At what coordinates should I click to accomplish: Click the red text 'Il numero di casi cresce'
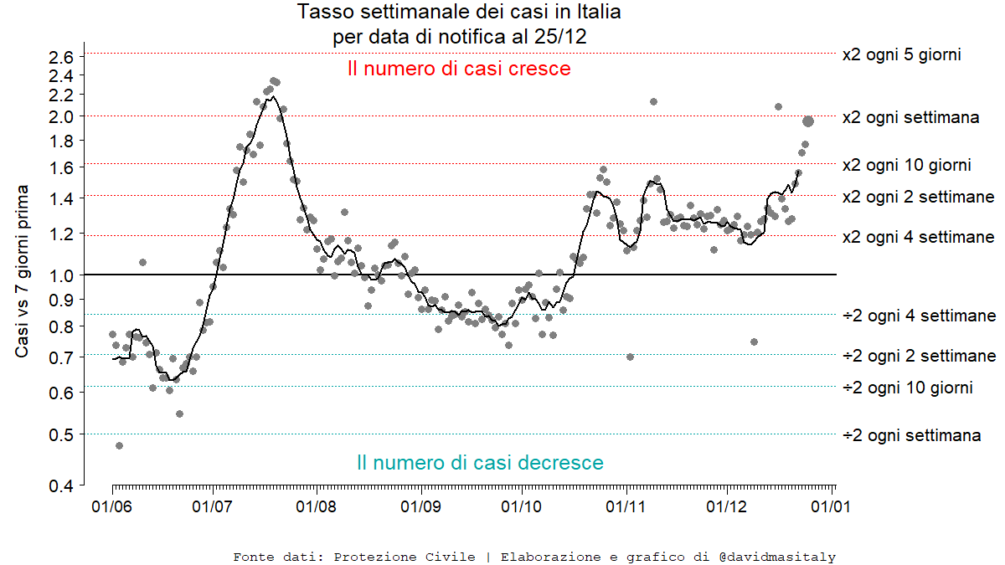pyautogui.click(x=459, y=69)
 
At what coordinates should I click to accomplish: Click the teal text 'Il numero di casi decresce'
pyautogui.click(x=480, y=462)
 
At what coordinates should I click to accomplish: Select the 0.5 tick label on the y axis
pyautogui.click(x=63, y=434)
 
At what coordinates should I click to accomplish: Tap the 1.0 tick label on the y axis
pyautogui.click(x=63, y=274)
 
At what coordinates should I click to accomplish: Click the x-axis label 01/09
pyautogui.click(x=421, y=506)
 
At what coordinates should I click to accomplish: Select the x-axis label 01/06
pyautogui.click(x=112, y=506)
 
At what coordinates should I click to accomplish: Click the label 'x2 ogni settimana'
pyautogui.click(x=910, y=117)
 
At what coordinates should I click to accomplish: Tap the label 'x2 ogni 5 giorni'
pyautogui.click(x=901, y=54)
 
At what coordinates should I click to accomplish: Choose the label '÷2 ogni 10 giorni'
pyautogui.click(x=907, y=388)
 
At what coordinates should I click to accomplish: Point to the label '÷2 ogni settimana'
pyautogui.click(x=911, y=435)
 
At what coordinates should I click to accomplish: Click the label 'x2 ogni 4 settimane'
pyautogui.click(x=918, y=237)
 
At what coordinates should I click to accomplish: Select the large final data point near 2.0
pyautogui.click(x=808, y=121)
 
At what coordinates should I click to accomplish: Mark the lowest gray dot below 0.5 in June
pyautogui.click(x=119, y=445)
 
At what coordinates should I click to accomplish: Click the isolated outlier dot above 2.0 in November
pyautogui.click(x=653, y=101)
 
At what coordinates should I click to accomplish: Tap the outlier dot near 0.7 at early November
pyautogui.click(x=630, y=357)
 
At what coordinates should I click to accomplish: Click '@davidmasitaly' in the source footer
pyautogui.click(x=776, y=557)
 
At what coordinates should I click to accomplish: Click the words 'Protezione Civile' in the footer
pyautogui.click(x=405, y=557)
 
